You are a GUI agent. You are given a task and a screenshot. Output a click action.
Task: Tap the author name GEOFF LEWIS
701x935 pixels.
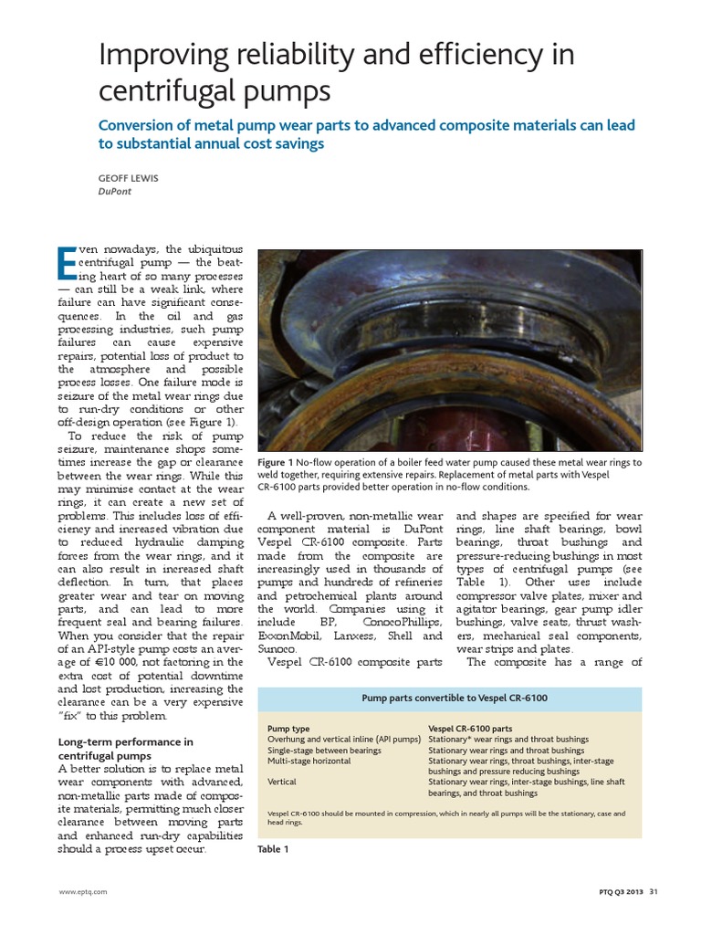point(128,179)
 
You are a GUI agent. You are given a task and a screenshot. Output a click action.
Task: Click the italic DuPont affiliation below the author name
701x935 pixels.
point(114,193)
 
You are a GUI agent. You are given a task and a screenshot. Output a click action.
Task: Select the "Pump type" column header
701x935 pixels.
point(288,729)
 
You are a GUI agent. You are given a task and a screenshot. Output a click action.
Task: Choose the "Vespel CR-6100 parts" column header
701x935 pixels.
point(471,729)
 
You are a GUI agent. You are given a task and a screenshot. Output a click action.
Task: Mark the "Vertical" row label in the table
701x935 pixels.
point(282,783)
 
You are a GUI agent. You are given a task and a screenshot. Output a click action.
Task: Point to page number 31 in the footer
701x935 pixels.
point(653,892)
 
